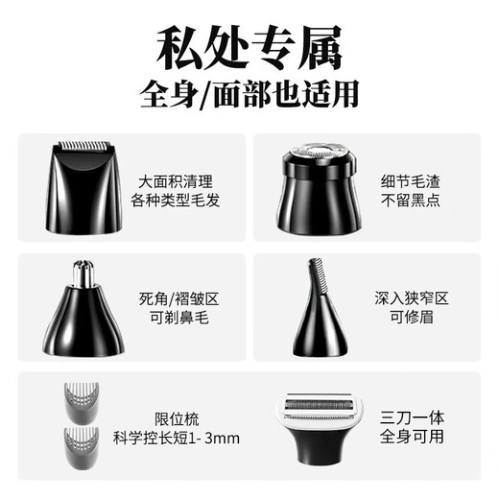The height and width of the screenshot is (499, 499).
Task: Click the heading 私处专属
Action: (x=249, y=45)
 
